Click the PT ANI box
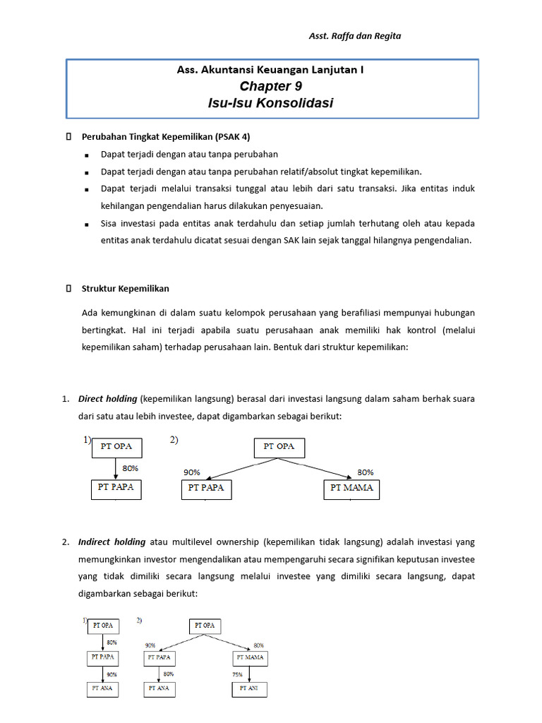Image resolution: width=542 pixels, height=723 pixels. pyautogui.click(x=250, y=688)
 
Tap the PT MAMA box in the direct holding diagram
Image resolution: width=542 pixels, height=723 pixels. pyautogui.click(x=351, y=488)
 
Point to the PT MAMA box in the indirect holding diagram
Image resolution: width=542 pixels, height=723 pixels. pyautogui.click(x=250, y=657)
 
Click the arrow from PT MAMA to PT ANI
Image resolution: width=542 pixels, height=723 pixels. pyautogui.click(x=250, y=673)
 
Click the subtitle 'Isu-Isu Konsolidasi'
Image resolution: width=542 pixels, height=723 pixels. pyautogui.click(x=270, y=103)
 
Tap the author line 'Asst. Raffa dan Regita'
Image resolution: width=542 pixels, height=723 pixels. pyautogui.click(x=355, y=36)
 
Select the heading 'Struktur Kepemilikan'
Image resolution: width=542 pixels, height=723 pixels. pyautogui.click(x=125, y=289)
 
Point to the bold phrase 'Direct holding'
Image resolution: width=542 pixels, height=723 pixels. pyautogui.click(x=107, y=399)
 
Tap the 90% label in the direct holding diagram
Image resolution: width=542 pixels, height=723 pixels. pyautogui.click(x=192, y=472)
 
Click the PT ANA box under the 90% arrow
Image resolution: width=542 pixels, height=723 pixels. pyautogui.click(x=103, y=688)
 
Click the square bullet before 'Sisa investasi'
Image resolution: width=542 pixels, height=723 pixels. pyautogui.click(x=85, y=225)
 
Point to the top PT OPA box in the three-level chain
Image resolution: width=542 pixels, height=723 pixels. pyautogui.click(x=103, y=626)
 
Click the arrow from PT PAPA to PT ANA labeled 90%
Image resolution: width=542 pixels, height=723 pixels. pyautogui.click(x=103, y=673)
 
